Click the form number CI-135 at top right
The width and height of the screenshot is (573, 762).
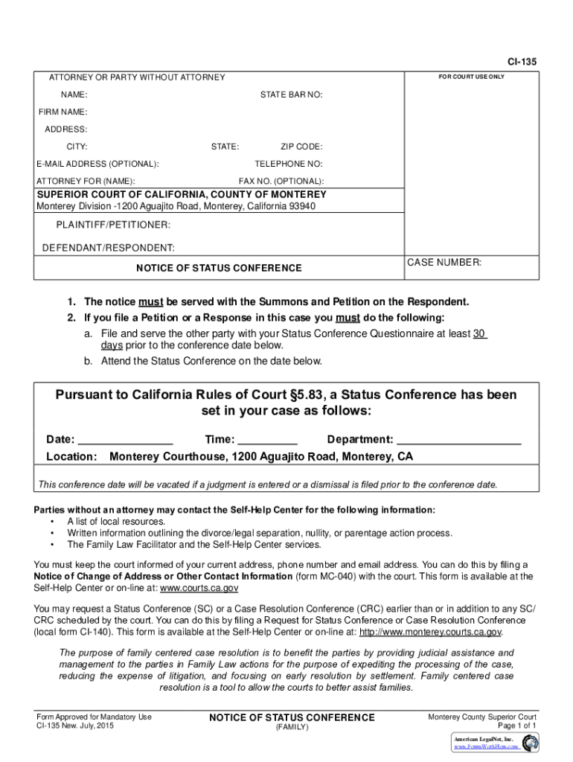pos(522,62)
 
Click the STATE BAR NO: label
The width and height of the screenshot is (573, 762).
pos(291,95)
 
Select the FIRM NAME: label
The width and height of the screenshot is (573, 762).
pos(63,112)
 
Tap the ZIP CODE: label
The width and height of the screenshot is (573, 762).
pos(301,147)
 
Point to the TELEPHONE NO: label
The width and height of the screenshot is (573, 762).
pos(289,164)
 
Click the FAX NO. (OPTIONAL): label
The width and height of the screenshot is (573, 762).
pos(281,182)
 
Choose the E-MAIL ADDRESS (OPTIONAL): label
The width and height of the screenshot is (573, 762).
pos(98,164)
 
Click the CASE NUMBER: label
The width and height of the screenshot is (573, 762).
pos(444,263)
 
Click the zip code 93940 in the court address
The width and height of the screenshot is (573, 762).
pos(301,206)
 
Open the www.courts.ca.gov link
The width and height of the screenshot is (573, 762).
pos(196,589)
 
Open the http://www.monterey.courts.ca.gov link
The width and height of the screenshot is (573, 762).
pos(431,633)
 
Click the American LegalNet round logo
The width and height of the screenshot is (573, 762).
pos(530,742)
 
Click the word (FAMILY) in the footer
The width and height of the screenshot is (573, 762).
pos(292,727)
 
